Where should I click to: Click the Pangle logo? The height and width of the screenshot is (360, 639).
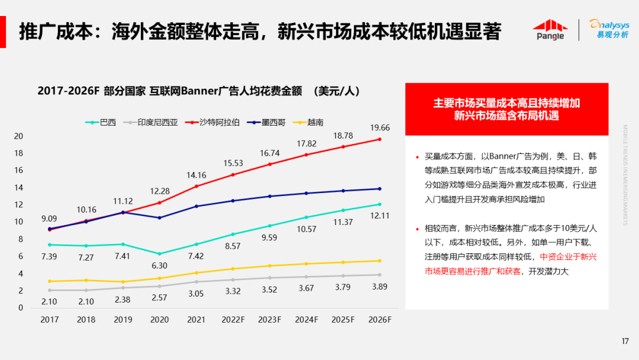click(x=550, y=30)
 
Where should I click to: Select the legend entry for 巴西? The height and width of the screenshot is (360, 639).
click(x=102, y=123)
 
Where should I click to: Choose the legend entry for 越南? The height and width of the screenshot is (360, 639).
click(x=310, y=123)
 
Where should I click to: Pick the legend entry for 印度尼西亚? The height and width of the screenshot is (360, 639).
click(x=152, y=123)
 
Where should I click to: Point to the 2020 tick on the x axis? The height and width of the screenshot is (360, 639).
click(x=160, y=319)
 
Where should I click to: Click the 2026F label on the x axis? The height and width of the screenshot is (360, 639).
click(x=379, y=319)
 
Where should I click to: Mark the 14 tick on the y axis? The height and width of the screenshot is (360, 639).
click(x=19, y=188)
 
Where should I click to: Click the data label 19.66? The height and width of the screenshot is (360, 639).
click(x=379, y=127)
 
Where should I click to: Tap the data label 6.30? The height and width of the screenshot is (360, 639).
click(x=160, y=265)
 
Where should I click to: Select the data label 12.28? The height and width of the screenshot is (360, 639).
click(x=160, y=191)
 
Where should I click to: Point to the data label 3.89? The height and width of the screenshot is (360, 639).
click(x=379, y=287)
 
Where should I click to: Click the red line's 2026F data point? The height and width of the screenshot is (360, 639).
click(x=379, y=139)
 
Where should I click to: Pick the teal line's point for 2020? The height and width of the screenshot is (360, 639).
click(x=160, y=253)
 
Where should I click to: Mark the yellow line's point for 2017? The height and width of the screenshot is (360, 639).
click(x=50, y=281)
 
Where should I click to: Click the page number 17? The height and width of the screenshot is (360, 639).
click(x=625, y=341)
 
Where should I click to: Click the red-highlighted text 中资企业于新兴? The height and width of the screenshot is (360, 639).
click(x=568, y=257)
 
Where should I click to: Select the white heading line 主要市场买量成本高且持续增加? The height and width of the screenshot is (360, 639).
click(x=506, y=103)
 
